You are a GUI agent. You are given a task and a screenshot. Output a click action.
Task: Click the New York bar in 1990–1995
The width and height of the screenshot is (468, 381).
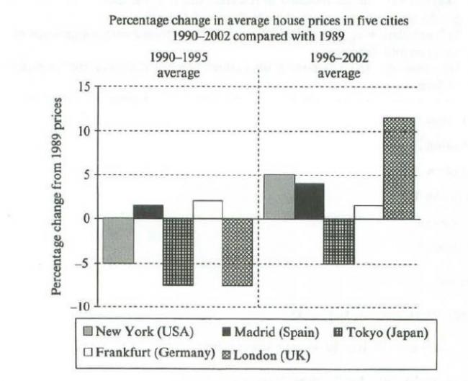118,241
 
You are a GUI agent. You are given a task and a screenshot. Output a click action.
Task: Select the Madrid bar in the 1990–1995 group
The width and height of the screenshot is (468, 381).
148,212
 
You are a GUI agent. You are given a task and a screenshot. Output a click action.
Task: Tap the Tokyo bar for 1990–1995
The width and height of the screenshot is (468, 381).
177,251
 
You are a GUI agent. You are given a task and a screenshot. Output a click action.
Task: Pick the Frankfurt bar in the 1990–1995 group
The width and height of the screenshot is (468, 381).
207,210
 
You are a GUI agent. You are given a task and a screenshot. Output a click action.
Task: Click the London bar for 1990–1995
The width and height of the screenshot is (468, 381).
237,251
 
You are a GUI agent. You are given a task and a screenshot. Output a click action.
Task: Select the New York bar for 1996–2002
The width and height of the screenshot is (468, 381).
279,197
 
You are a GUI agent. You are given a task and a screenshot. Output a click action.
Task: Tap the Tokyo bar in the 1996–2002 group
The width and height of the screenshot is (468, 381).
338,241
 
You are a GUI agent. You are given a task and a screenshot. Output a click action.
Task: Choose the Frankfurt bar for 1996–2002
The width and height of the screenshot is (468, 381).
368,212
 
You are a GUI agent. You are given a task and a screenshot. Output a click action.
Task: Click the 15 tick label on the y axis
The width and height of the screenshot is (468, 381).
85,87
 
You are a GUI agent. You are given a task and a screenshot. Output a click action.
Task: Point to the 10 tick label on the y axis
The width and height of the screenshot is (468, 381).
85,131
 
